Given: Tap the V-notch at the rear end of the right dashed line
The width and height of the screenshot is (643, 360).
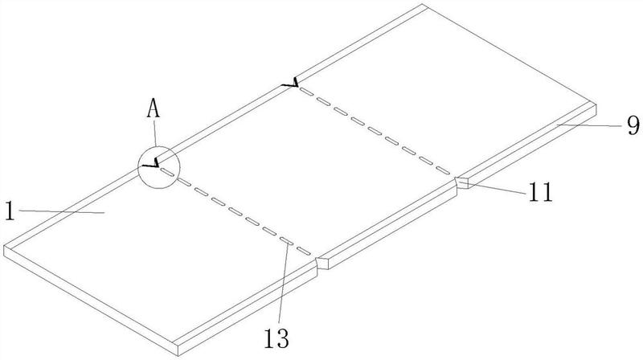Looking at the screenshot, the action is pos(294,83).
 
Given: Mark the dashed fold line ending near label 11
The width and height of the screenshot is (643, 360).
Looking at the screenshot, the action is pos(378,132).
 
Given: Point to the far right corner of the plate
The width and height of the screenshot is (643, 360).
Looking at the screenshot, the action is pos(596,104).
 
